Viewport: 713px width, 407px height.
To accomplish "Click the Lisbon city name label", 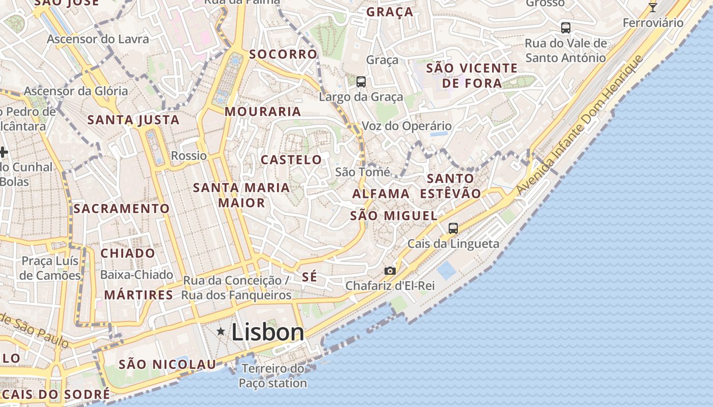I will point(268,332).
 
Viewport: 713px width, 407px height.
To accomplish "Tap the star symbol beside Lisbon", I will point(221,332).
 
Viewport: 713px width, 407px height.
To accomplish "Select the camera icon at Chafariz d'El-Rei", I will point(390,271).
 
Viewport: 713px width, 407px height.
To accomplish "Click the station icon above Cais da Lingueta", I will point(453,228).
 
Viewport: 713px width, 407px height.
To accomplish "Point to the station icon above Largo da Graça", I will point(361,81).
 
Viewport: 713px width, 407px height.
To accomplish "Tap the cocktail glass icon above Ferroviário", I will point(652,7).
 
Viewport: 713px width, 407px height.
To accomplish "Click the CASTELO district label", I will point(291,160).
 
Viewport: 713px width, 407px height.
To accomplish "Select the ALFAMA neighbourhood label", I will point(381,194).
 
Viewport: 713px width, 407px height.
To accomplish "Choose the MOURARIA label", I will point(263,111).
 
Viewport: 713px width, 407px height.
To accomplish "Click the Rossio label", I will point(189,156).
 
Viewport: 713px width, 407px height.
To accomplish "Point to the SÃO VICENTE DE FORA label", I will point(472,75).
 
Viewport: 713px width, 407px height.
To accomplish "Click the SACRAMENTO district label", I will point(121,209).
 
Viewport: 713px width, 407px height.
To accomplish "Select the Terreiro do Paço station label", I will point(273,375).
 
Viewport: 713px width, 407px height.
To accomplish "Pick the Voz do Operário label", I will point(406,126).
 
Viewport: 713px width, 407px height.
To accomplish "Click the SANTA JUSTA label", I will point(133,120).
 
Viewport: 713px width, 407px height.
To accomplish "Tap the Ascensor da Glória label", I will point(76,91).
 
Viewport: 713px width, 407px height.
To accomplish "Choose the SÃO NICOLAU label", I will point(168,364).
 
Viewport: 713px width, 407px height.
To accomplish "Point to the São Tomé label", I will point(363,172).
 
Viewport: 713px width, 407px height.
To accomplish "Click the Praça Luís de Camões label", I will point(51,268).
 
